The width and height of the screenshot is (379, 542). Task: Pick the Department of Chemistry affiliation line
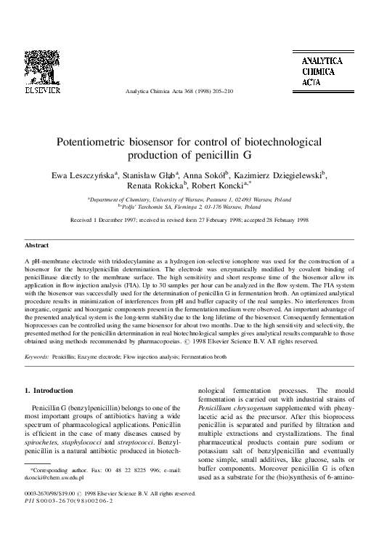(x=189, y=199)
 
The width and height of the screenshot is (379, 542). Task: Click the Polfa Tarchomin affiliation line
(x=189, y=206)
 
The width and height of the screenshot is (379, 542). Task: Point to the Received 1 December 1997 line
(x=189, y=218)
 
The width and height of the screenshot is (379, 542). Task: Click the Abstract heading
(x=37, y=247)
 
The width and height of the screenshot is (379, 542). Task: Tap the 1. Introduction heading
(x=49, y=391)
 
